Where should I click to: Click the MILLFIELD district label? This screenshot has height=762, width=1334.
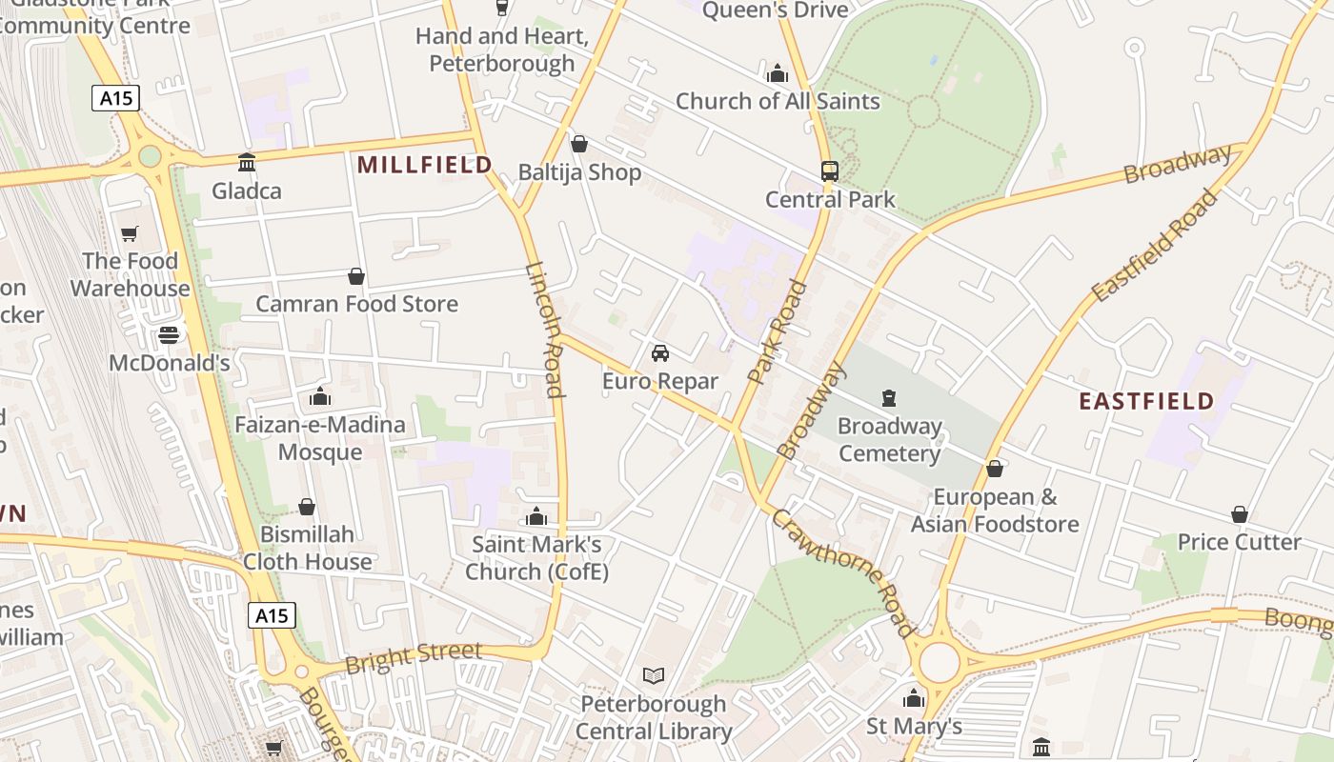point(424,165)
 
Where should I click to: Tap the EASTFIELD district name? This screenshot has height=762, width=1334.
point(1146,401)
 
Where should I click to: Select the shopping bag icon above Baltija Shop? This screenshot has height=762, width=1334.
point(578,144)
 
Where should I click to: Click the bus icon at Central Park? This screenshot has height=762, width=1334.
point(829,171)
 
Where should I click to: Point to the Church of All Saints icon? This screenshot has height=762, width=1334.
point(778,73)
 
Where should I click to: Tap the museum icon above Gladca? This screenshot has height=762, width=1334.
point(247,163)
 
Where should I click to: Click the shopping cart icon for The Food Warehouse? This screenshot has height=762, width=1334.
point(130,233)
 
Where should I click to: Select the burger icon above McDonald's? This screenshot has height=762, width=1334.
point(169,335)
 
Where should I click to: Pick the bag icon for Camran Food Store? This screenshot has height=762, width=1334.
point(355,276)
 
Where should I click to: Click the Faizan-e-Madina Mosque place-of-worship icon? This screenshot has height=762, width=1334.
point(319,396)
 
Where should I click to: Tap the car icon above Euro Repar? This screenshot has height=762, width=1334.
point(659,353)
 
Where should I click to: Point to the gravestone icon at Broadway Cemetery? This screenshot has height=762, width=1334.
point(889,397)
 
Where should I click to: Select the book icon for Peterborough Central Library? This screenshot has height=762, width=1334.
point(653,676)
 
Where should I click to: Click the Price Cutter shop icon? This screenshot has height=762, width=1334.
point(1239,514)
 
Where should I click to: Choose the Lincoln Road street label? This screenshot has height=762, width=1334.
point(546,329)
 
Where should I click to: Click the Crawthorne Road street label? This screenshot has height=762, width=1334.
point(842,571)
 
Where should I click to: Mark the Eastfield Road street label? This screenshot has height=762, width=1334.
point(1155,246)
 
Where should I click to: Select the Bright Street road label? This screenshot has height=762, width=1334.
point(414,656)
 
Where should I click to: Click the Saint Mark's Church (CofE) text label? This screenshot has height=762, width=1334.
point(536,558)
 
